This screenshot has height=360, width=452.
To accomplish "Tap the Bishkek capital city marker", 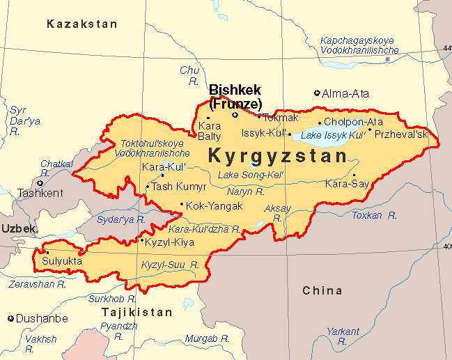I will point(235,115).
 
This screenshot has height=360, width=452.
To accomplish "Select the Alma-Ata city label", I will point(345,93).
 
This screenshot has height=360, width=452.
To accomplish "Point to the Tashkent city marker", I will point(40,183).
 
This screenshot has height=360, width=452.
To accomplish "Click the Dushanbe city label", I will point(42,319).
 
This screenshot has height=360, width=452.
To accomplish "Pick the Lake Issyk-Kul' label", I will point(333,134).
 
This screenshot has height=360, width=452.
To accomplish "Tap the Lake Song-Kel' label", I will point(251,174).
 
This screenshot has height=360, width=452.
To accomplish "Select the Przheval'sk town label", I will point(401,134).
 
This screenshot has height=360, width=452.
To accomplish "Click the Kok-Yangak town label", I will point(215,206).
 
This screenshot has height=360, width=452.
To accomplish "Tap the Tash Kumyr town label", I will point(179,187).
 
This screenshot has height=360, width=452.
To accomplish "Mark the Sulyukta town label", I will point(62,261).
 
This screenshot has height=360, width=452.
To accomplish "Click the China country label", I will point(322,290).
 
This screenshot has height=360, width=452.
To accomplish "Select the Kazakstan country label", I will point(82,24).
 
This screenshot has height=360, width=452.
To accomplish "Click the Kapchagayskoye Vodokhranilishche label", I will point(359,45).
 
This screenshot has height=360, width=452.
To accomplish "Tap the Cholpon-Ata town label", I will point(353,122).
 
